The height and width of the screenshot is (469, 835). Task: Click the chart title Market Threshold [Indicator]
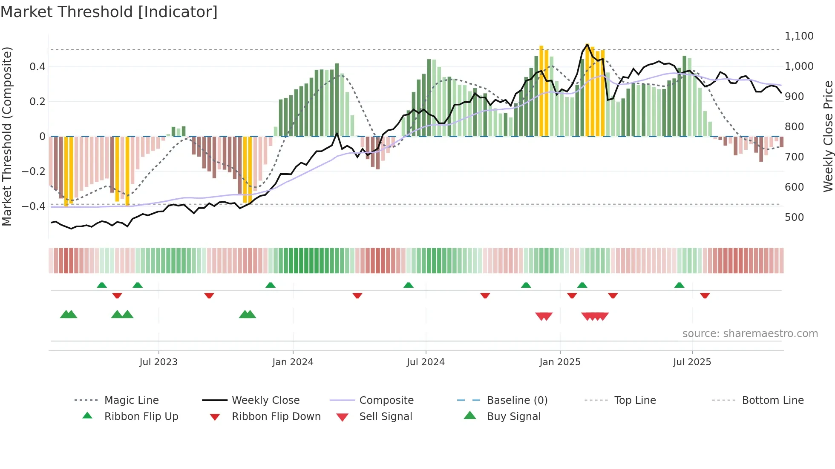coord(109,12)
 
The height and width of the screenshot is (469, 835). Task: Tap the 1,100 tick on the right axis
coord(799,36)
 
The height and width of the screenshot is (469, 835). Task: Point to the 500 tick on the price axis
coord(794,217)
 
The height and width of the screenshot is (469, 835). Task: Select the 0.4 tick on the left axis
coord(37,67)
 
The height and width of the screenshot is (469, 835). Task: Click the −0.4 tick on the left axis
coord(34,206)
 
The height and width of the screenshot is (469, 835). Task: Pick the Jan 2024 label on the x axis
coord(293,362)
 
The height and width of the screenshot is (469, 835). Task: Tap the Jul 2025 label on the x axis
coord(692,362)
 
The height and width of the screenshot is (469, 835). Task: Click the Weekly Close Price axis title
coord(828,136)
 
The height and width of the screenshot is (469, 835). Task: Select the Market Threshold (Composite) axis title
coord(7,136)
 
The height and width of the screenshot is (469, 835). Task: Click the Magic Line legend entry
coord(131,400)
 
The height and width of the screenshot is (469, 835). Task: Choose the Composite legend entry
coord(386,400)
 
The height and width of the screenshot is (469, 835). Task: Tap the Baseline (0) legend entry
coord(517,400)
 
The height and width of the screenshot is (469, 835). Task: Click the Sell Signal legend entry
coord(386,417)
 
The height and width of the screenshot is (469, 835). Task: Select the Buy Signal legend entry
coord(513,417)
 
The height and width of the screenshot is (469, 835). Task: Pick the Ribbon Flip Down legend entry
coord(276,417)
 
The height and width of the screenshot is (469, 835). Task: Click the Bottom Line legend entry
coord(772,400)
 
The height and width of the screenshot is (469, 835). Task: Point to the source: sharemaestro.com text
coord(750,334)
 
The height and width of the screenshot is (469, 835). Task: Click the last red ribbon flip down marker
coord(705,295)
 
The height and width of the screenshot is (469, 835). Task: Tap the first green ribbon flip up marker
coord(102,285)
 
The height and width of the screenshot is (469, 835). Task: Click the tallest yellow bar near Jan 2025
coord(587,89)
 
